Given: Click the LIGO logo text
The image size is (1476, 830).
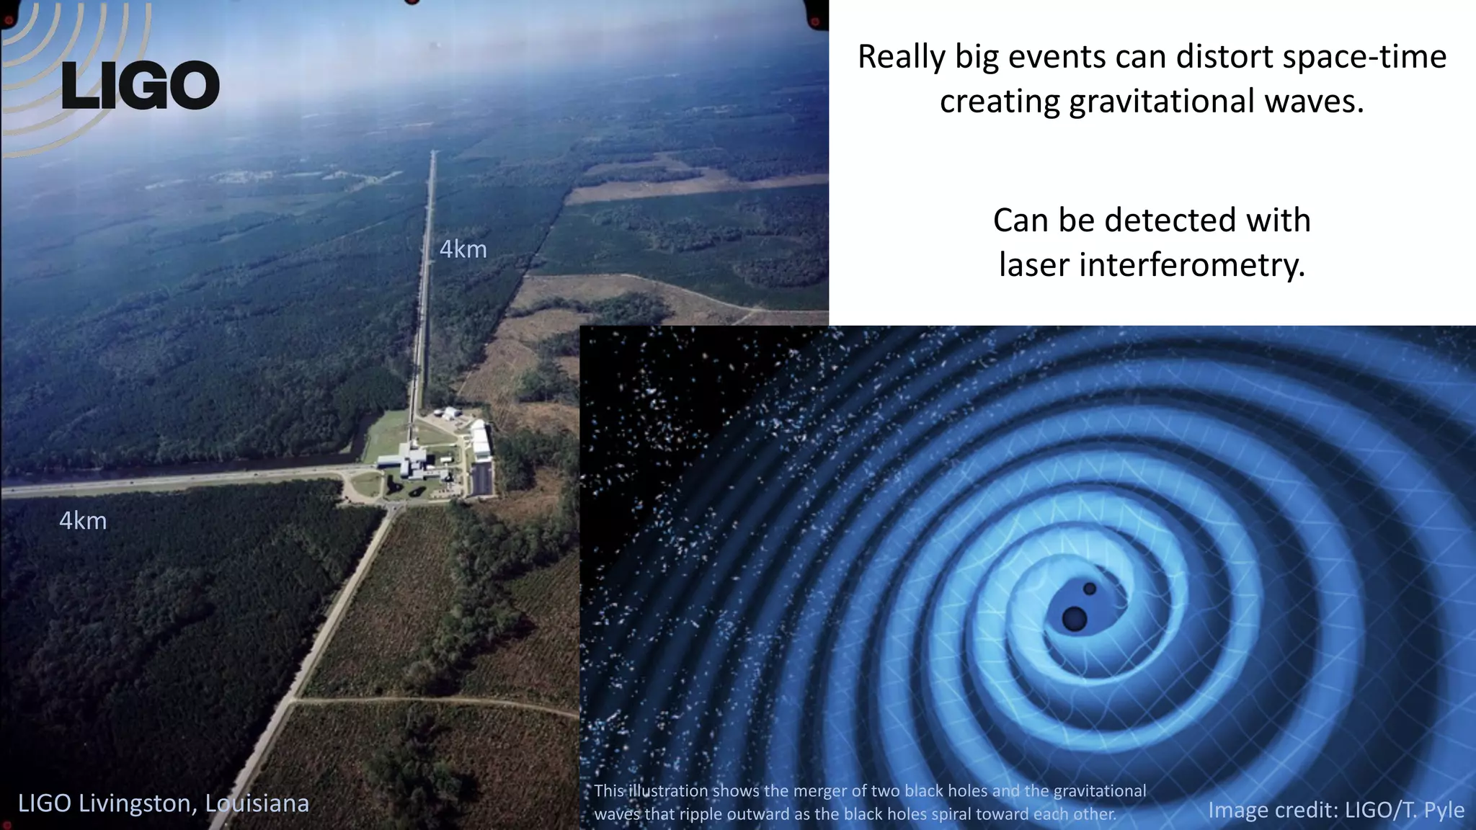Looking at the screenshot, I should pos(141,86).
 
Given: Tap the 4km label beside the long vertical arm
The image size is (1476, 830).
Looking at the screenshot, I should pos(463,249).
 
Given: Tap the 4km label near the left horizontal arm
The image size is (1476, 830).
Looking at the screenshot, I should pos(83,520).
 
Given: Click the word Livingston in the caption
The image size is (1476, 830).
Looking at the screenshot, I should pos(137,803).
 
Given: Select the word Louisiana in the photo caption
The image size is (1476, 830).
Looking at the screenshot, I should pos(257,803).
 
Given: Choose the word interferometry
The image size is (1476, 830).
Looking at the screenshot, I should pos(1192,265).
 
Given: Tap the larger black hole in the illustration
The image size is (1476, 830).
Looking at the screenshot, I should pos(1075,618).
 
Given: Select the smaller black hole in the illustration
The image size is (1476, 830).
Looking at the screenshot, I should pos(1090,589).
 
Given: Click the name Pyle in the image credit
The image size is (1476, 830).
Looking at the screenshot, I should pos(1444,810).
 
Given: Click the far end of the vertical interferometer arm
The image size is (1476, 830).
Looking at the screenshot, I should pos(432,152).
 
